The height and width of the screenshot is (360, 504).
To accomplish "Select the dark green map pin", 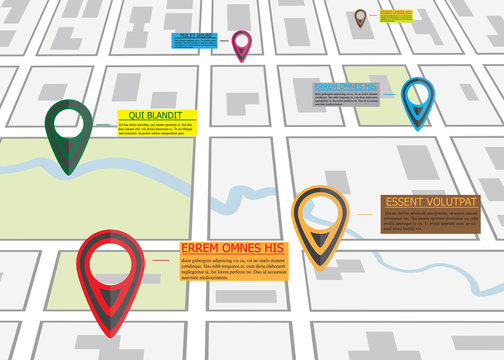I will pos(68,135).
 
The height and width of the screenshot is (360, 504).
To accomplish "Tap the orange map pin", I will pos(319,224).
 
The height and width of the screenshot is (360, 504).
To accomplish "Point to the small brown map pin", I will pos(360,18).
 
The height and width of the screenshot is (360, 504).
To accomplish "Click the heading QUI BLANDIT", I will pos(159,116).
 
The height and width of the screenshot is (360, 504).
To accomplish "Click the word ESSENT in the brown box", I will pos(409,202).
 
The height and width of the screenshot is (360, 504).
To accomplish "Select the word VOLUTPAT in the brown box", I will pos(454,202).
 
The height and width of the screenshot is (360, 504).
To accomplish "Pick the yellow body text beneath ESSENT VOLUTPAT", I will pos(430,222).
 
